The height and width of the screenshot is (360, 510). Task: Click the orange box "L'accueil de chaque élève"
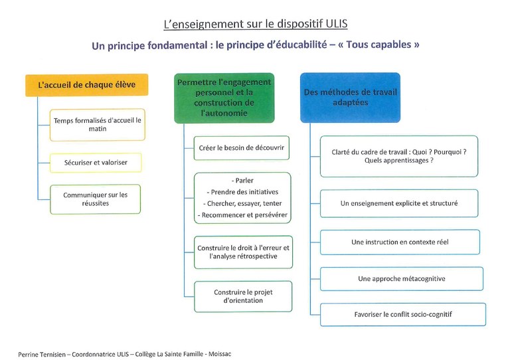pyautogui.click(x=87, y=85)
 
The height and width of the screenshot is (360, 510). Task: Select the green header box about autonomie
pyautogui.click(x=224, y=98)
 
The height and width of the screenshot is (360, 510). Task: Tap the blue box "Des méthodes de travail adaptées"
pyautogui.click(x=351, y=98)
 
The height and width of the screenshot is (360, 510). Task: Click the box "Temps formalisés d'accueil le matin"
pyautogui.click(x=97, y=125)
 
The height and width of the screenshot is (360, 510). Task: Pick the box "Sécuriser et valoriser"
pyautogui.click(x=96, y=163)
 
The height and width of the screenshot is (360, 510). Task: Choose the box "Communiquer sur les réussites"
pyautogui.click(x=96, y=199)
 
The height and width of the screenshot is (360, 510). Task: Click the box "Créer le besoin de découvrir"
pyautogui.click(x=241, y=148)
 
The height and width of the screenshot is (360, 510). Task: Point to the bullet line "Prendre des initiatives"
pyautogui.click(x=242, y=192)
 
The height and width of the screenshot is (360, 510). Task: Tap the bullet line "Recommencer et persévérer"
pyautogui.click(x=242, y=215)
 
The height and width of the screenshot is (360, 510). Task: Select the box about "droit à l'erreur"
pyautogui.click(x=243, y=252)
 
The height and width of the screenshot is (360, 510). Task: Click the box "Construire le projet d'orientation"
pyautogui.click(x=243, y=296)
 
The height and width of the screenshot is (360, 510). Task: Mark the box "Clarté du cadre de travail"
pyautogui.click(x=399, y=156)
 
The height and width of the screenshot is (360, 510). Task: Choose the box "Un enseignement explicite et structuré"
pyautogui.click(x=399, y=203)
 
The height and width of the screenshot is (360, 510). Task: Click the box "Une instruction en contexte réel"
pyautogui.click(x=400, y=242)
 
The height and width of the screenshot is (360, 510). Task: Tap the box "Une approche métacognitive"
pyautogui.click(x=402, y=279)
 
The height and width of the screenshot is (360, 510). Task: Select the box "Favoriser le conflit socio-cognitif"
pyautogui.click(x=403, y=314)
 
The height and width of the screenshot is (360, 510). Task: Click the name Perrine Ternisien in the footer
pyautogui.click(x=42, y=355)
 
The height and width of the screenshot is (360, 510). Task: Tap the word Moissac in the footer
pyautogui.click(x=220, y=354)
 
